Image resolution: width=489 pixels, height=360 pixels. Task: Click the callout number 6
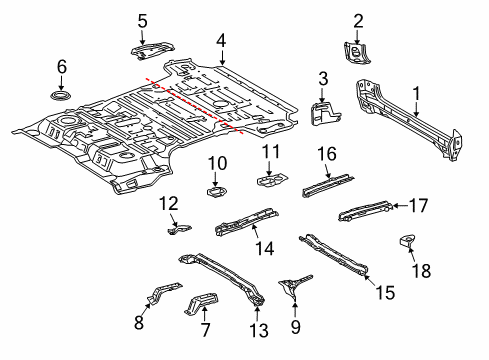point(62,66)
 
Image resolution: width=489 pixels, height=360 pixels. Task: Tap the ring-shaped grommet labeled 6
point(61,96)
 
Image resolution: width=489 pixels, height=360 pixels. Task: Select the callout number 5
point(142,21)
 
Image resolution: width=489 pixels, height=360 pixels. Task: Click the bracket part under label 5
point(152,50)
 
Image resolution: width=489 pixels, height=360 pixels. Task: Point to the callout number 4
point(221,41)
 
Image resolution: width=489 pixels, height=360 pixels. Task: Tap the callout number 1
point(416,94)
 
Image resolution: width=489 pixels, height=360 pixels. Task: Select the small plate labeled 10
point(216,192)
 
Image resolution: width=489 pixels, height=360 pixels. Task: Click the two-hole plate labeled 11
point(272,180)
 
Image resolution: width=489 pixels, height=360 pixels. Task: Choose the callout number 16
point(327,154)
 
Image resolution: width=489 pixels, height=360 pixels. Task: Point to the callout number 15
point(385,292)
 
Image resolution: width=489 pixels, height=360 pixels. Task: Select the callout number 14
point(265,248)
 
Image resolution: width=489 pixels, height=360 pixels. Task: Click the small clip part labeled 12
point(179,230)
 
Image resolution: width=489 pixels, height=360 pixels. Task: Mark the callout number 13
point(259,330)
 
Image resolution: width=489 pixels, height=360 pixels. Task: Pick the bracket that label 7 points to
point(202,303)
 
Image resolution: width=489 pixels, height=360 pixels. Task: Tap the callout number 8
point(139,322)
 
